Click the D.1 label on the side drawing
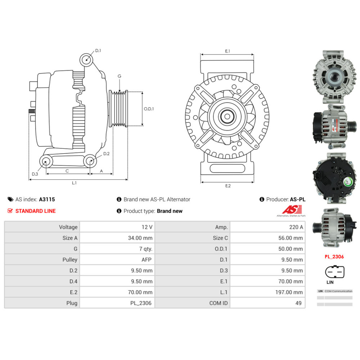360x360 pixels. (x=98, y=51)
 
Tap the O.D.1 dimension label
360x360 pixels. (x=149, y=109)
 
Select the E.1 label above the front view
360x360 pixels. (x=228, y=51)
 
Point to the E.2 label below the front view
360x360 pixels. (x=228, y=186)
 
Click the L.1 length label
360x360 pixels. (x=74, y=183)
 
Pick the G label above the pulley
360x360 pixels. (x=119, y=76)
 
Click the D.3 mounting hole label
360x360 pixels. (x=35, y=174)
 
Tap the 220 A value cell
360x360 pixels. (x=296, y=227)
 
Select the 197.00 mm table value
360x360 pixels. (x=288, y=292)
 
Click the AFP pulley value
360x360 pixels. (x=146, y=260)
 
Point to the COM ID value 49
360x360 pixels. (x=298, y=303)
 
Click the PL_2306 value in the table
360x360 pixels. (x=141, y=303)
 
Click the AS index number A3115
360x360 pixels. (x=47, y=199)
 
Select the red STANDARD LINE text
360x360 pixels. (x=35, y=211)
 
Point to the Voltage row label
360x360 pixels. (x=68, y=227)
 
